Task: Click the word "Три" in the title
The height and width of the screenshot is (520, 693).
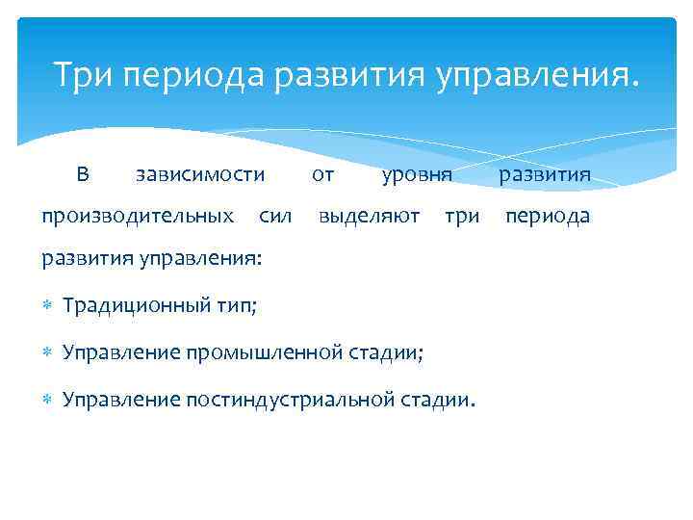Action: tap(84, 74)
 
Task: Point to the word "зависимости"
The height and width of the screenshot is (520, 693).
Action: tap(199, 174)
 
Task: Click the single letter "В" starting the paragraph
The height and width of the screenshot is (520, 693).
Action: tap(83, 174)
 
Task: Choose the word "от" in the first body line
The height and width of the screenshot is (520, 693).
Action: tap(323, 174)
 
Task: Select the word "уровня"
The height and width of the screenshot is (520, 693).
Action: tap(416, 174)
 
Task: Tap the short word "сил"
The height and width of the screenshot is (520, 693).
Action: tap(275, 217)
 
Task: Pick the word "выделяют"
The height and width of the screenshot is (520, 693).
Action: tap(369, 217)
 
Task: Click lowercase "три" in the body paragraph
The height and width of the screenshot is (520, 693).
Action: tap(462, 217)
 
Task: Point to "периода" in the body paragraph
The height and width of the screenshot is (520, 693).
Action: tap(548, 217)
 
